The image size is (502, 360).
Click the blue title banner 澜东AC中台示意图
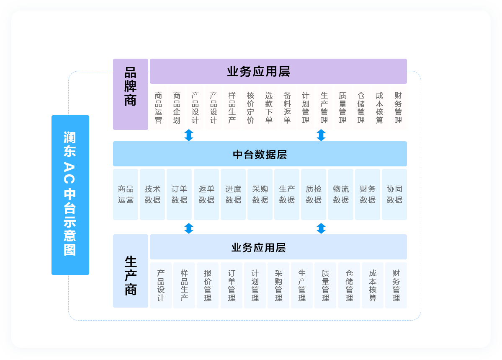click(x=70, y=195)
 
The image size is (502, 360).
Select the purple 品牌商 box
click(x=131, y=94)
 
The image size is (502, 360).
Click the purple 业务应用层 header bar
click(x=278, y=71)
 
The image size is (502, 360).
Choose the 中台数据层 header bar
click(x=260, y=154)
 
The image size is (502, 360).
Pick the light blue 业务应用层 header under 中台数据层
click(x=278, y=247)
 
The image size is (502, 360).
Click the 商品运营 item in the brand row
click(x=158, y=108)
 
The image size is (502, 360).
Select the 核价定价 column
click(x=250, y=108)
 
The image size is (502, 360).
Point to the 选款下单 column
click(x=269, y=108)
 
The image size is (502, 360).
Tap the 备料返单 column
click(x=287, y=108)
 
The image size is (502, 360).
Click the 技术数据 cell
click(x=152, y=194)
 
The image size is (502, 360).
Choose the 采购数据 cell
click(x=260, y=194)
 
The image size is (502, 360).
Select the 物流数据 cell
click(x=341, y=194)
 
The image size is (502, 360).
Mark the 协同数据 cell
click(x=394, y=194)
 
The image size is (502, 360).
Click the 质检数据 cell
click(x=314, y=194)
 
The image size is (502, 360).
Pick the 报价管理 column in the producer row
click(x=208, y=285)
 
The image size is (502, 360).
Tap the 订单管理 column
click(x=232, y=285)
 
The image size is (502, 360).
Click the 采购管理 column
click(x=278, y=285)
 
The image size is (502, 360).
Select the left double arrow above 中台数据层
click(x=189, y=135)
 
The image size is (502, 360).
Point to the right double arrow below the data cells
click(x=321, y=228)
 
